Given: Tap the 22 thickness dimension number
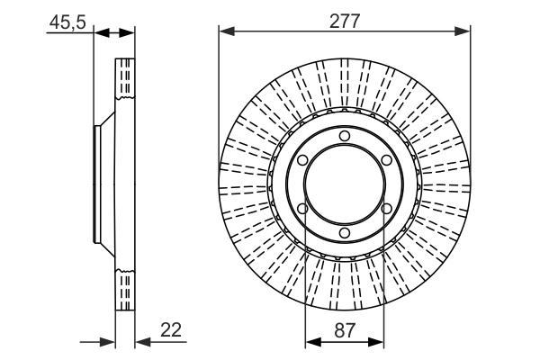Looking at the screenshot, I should pyautogui.click(x=169, y=331).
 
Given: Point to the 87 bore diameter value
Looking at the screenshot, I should pyautogui.click(x=344, y=331).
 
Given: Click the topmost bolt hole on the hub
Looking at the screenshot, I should pyautogui.click(x=345, y=136).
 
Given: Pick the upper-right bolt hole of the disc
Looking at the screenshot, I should pyautogui.click(x=386, y=160).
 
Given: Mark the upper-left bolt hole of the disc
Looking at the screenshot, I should pyautogui.click(x=302, y=160).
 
